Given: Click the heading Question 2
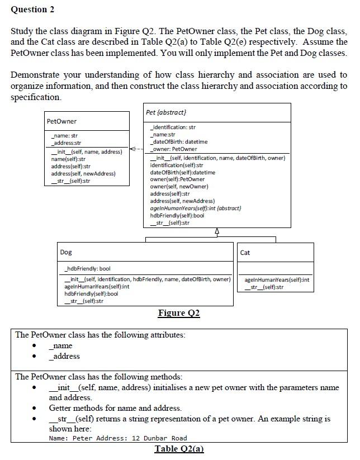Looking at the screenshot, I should click(x=33, y=10).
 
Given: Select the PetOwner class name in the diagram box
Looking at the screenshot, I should click(x=62, y=121).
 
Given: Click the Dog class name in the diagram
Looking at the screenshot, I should click(x=66, y=253).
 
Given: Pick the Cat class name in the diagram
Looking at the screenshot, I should click(x=245, y=253).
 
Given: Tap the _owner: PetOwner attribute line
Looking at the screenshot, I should click(x=173, y=149).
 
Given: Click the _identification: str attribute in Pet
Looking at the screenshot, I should click(x=173, y=127).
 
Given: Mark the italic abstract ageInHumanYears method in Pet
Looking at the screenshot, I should click(x=195, y=208).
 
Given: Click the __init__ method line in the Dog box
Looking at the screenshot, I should click(x=146, y=279).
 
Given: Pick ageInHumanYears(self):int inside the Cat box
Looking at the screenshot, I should click(x=277, y=280).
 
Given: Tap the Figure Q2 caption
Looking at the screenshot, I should click(x=179, y=313).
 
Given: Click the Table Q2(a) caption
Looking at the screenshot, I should click(x=179, y=449).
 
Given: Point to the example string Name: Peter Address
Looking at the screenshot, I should click(x=118, y=438).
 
